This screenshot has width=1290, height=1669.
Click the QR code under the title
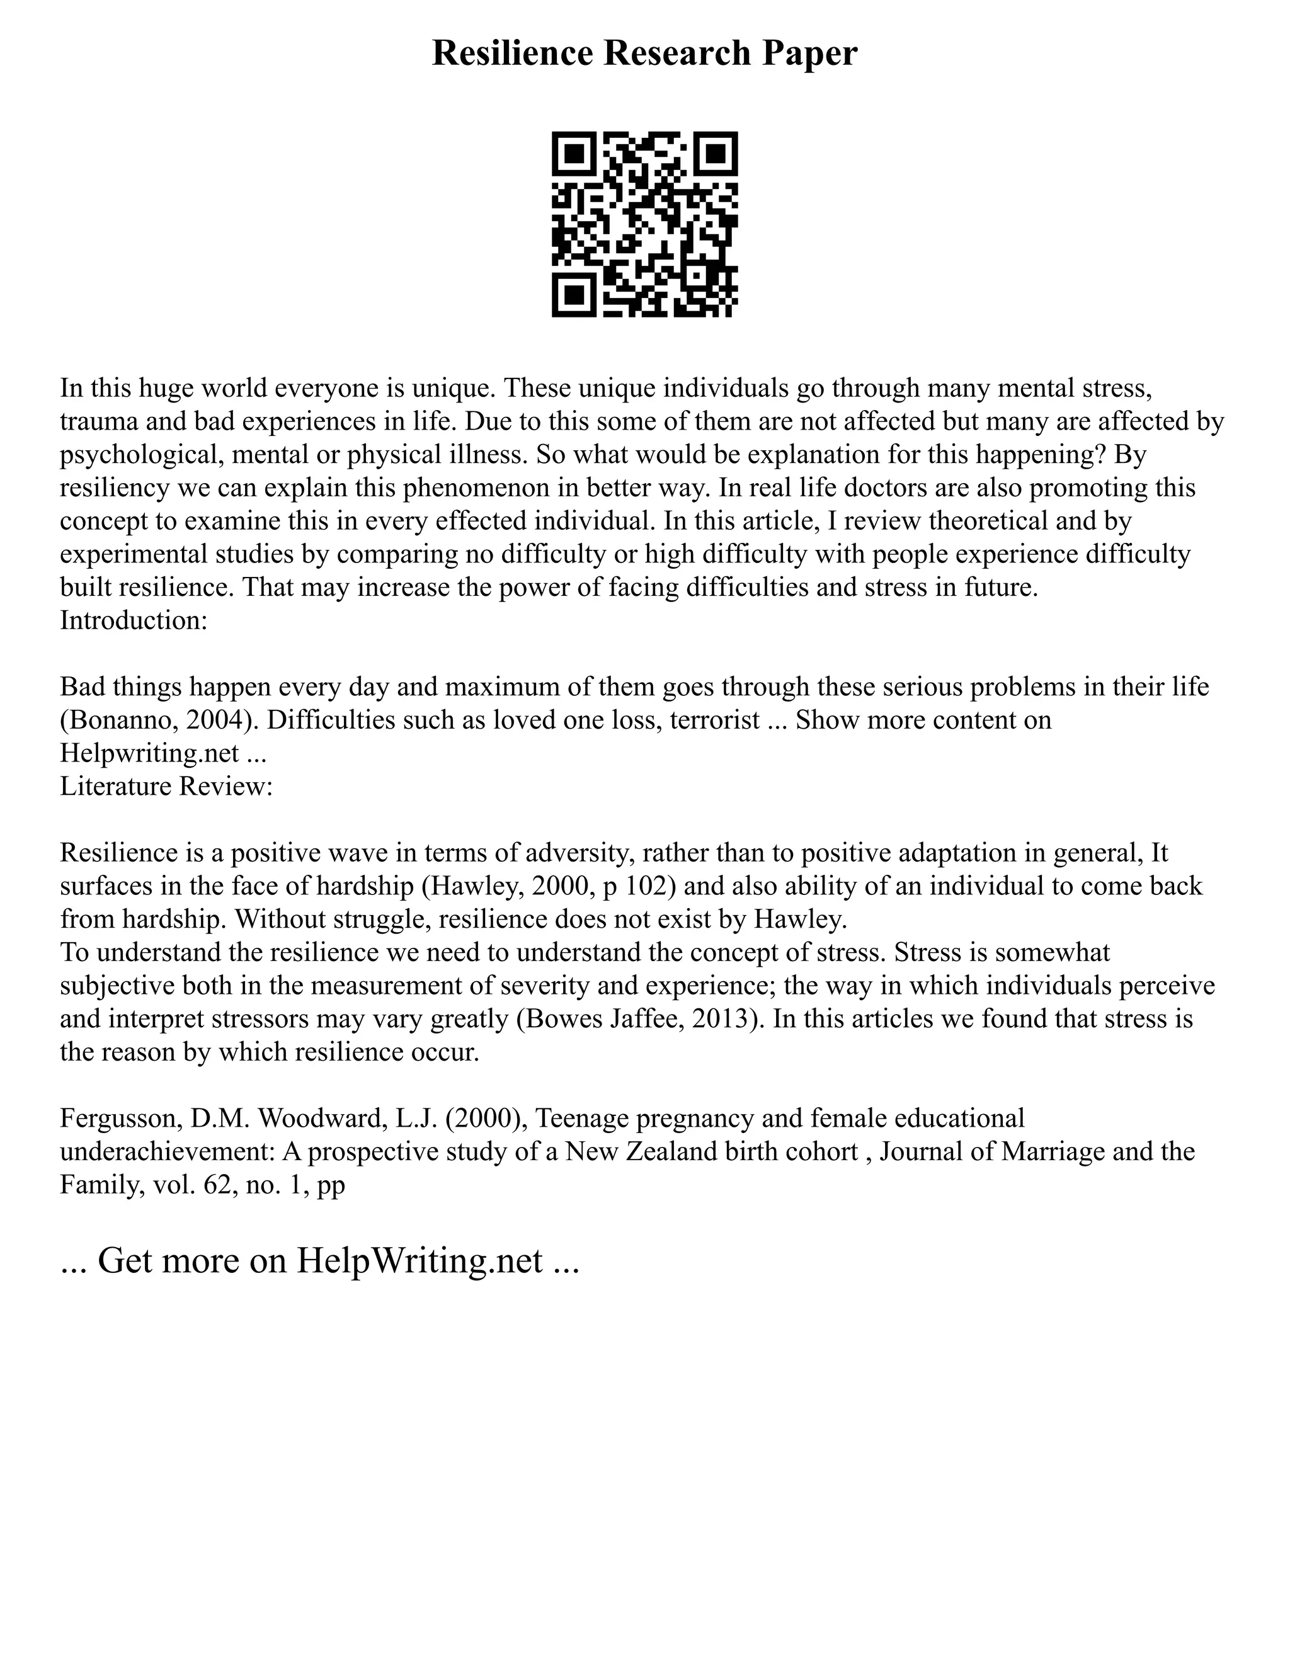pos(644,224)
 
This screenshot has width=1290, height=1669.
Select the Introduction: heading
pos(134,620)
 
